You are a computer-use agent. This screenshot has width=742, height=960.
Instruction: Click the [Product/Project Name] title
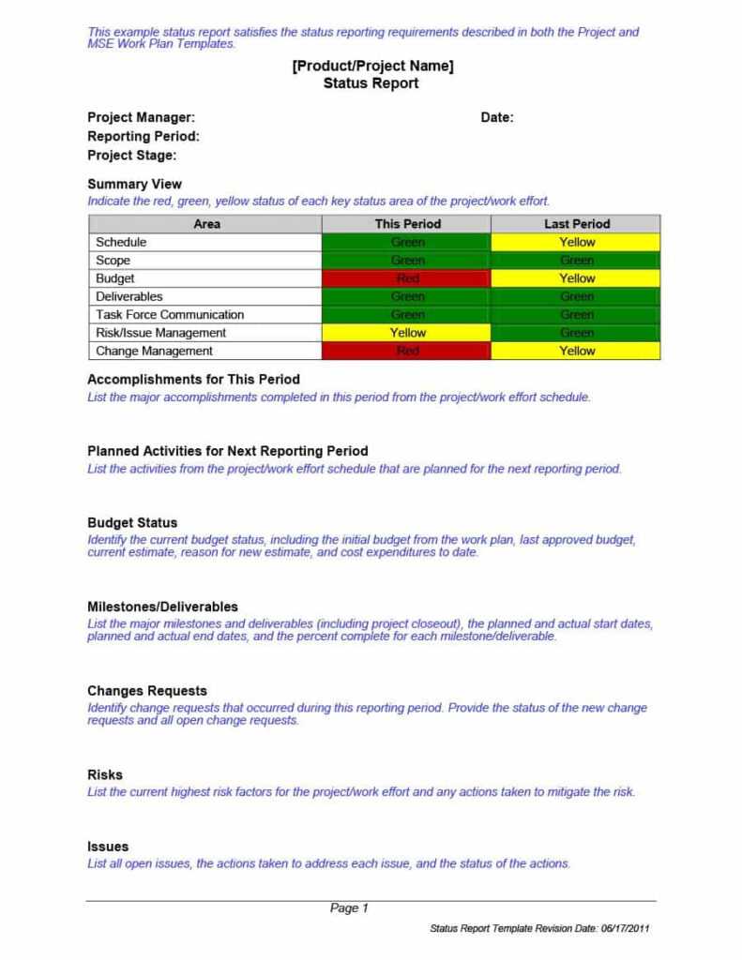[371, 66]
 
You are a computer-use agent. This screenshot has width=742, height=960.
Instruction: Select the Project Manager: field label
[141, 117]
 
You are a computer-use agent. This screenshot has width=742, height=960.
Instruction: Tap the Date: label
[497, 117]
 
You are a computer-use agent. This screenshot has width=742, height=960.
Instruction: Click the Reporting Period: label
[144, 136]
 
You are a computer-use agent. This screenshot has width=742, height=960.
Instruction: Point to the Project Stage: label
[131, 156]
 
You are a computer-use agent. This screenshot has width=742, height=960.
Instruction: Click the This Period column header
[407, 224]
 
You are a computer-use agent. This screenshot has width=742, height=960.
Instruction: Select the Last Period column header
[576, 224]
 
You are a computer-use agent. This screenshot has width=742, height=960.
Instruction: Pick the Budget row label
[115, 278]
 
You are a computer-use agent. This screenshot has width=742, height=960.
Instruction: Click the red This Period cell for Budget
[406, 278]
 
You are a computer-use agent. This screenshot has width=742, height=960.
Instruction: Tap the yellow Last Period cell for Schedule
[576, 242]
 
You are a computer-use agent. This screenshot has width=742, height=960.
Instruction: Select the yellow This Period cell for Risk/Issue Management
[406, 333]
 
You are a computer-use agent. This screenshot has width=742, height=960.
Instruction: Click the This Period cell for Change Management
[406, 351]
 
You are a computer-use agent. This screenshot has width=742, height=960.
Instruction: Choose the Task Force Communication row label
[170, 315]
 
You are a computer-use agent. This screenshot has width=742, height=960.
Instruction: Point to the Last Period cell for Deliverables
[576, 296]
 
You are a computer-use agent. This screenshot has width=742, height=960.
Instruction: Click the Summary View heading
[134, 184]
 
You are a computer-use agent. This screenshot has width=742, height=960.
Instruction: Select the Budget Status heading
[132, 522]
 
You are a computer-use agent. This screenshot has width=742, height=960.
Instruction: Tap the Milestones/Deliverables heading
[162, 607]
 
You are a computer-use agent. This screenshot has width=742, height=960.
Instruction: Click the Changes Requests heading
[147, 691]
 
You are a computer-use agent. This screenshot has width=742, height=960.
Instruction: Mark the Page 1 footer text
[349, 907]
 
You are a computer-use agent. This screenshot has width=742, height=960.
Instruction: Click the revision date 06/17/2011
[625, 928]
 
